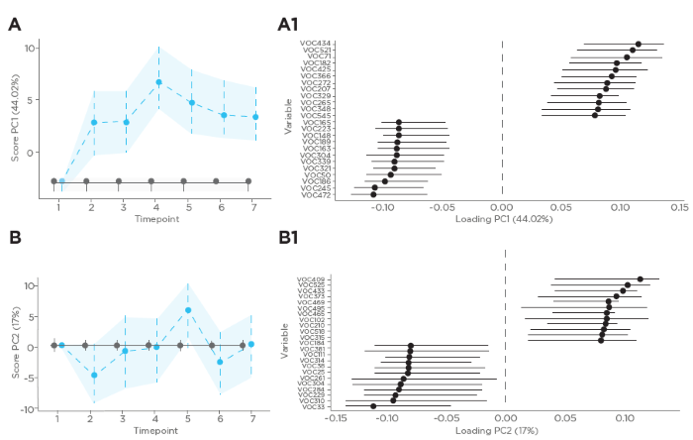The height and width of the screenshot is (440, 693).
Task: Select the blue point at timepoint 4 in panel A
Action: [x=158, y=82]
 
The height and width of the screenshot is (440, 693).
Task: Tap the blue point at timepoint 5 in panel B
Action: [x=188, y=310]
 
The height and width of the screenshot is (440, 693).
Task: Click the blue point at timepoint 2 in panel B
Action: [x=94, y=376]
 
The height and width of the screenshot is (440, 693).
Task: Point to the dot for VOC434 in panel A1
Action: [x=639, y=44]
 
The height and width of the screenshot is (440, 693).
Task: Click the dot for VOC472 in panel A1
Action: [x=373, y=194]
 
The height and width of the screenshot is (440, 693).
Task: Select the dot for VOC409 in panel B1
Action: [x=641, y=279]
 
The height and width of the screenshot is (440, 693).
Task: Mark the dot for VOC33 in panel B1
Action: [x=373, y=406]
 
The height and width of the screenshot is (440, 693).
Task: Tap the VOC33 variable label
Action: [x=316, y=406]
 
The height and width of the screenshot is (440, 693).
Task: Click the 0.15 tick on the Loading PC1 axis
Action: [x=679, y=208]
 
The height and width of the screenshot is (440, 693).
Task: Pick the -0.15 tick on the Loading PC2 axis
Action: [x=337, y=420]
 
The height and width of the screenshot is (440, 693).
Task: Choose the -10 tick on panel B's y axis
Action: [x=30, y=408]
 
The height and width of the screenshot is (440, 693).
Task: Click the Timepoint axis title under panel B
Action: [x=152, y=432]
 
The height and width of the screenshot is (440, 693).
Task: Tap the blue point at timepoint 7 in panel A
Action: [x=255, y=117]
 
